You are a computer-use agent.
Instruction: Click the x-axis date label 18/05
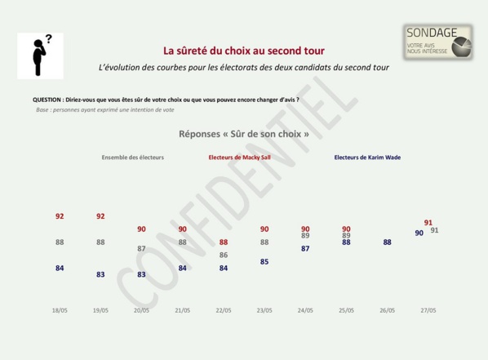point(60,310)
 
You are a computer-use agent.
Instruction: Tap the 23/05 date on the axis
point(264,310)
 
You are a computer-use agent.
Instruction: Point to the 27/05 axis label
point(428,310)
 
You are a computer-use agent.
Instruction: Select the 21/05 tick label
point(182,310)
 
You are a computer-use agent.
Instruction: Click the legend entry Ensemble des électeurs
point(133,158)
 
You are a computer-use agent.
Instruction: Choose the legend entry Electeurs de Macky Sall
point(239,158)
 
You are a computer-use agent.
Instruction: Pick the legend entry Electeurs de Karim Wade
point(367,158)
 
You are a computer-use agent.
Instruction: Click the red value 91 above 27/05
point(428,222)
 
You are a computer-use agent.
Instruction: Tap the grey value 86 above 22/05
point(224,255)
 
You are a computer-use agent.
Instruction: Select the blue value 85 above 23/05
point(264,261)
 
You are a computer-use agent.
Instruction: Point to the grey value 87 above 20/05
point(141,248)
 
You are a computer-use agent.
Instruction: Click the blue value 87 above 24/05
point(305,248)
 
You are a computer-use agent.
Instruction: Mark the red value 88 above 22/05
point(224,242)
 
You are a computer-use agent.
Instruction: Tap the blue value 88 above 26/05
point(387,242)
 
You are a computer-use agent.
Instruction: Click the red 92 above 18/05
point(60,216)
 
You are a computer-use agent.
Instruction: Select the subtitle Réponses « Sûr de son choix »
point(243,133)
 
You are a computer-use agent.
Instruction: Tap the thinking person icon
point(39,56)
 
